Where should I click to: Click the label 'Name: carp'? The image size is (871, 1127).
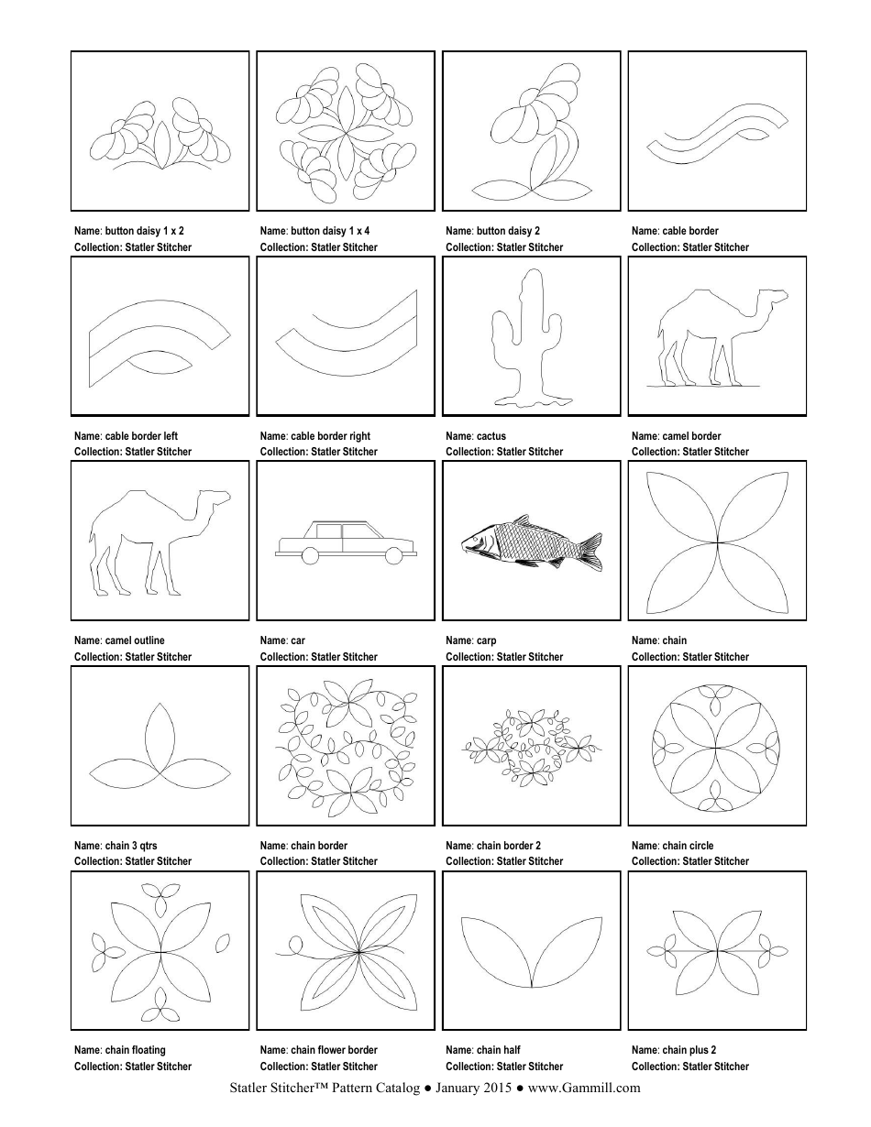(470, 640)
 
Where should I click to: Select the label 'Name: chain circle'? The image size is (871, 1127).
(672, 846)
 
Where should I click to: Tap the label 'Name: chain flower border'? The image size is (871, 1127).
(318, 1050)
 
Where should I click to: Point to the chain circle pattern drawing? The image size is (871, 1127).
(716, 747)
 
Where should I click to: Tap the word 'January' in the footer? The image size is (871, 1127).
(458, 1089)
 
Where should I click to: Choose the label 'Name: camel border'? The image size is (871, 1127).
(676, 436)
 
